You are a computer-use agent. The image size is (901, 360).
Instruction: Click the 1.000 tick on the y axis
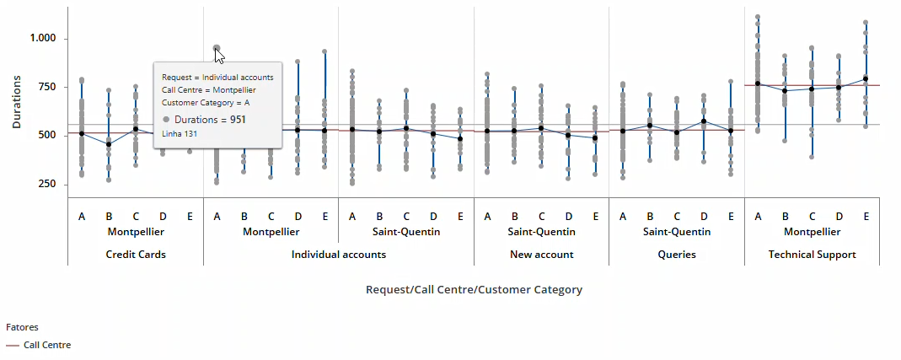click(x=42, y=39)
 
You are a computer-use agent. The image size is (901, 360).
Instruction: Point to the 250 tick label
click(x=46, y=185)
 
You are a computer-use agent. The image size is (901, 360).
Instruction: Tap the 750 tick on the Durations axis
click(x=46, y=87)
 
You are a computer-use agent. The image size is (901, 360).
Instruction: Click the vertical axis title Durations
click(x=17, y=101)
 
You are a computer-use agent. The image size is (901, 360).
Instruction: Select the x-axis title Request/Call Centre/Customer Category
click(x=474, y=289)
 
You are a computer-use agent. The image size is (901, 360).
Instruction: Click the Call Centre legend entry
click(x=46, y=345)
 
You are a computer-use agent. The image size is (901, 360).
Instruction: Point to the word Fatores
click(x=22, y=326)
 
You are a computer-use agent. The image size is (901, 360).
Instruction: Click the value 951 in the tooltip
click(x=238, y=120)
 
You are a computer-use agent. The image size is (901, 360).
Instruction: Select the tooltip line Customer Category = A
click(x=206, y=103)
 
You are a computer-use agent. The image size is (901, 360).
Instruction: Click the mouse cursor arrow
click(x=219, y=56)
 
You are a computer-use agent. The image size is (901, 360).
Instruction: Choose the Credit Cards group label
click(x=136, y=254)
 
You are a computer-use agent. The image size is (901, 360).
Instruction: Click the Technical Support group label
click(x=812, y=254)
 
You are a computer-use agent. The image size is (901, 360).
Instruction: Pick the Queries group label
click(x=677, y=254)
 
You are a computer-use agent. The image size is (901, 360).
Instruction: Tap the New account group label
click(x=541, y=254)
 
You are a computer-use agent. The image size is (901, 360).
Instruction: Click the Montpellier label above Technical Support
click(x=812, y=232)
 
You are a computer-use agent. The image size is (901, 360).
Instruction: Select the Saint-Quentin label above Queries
click(x=677, y=232)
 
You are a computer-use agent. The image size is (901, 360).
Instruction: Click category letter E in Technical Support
click(x=866, y=217)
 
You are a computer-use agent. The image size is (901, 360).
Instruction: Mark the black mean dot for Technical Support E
click(x=866, y=79)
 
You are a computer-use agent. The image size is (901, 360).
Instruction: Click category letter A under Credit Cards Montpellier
click(x=82, y=217)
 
